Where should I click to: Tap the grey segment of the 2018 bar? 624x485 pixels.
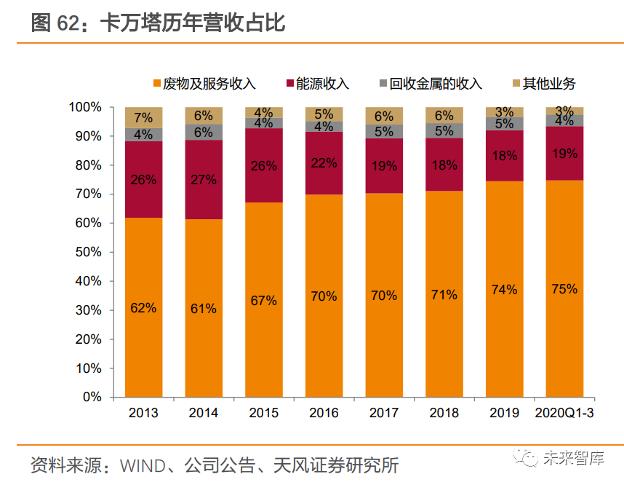[444, 130]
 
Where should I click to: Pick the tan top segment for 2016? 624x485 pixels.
[324, 114]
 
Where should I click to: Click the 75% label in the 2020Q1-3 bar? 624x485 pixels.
[564, 289]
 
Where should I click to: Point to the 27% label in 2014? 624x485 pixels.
[204, 180]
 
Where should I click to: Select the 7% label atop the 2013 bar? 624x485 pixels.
[143, 117]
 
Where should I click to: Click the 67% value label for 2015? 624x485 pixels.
[263, 300]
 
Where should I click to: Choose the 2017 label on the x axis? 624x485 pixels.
[383, 414]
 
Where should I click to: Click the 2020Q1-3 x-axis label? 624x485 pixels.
[564, 414]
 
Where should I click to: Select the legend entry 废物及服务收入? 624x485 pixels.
[204, 84]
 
